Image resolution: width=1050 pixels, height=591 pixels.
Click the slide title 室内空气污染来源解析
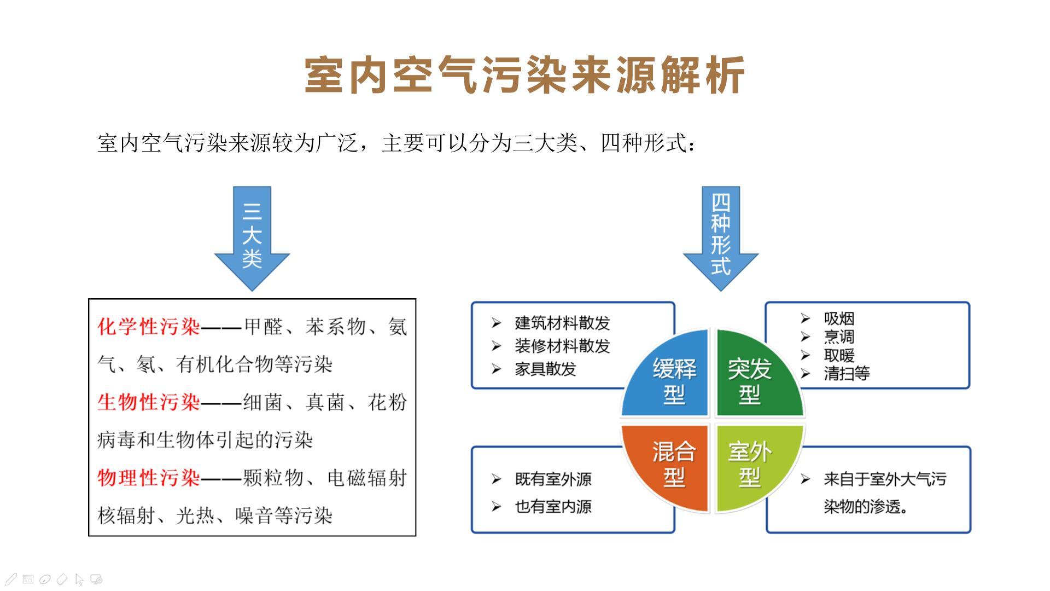click(x=524, y=75)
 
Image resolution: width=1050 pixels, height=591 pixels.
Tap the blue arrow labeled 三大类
click(x=252, y=238)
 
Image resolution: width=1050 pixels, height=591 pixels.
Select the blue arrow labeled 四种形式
click(x=721, y=238)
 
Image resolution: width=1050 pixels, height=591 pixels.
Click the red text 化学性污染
click(x=149, y=327)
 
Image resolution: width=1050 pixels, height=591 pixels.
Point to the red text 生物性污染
click(x=149, y=402)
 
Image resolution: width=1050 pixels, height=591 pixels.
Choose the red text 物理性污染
click(x=149, y=478)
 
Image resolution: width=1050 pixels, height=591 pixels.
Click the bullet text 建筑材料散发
click(x=562, y=323)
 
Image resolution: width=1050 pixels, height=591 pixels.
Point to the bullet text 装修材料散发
click(x=562, y=346)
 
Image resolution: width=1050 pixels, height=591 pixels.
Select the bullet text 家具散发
click(x=546, y=369)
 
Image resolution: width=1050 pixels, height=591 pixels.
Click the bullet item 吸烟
click(x=839, y=318)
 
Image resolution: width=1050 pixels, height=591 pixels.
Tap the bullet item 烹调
click(x=839, y=337)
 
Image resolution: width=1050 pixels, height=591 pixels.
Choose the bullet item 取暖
click(x=839, y=355)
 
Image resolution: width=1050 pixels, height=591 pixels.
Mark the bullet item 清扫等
click(x=847, y=373)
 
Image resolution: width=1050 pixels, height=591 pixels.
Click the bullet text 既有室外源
click(x=553, y=479)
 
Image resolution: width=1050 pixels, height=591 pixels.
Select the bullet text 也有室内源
click(x=553, y=507)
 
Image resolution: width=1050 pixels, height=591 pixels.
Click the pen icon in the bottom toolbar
click(x=11, y=579)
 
